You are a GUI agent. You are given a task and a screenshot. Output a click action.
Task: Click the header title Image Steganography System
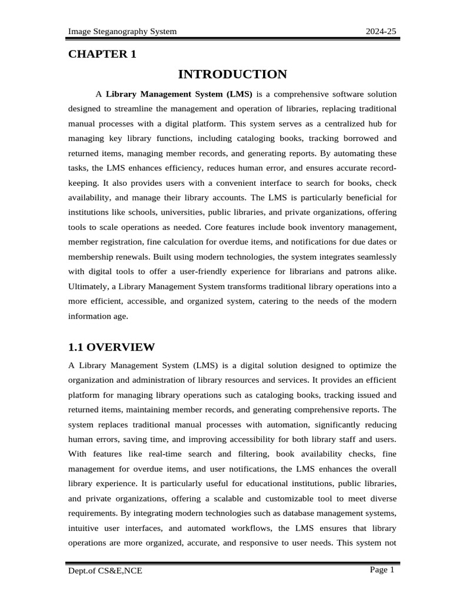point(122,31)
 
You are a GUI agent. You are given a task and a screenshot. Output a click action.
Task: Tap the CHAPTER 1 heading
point(102,54)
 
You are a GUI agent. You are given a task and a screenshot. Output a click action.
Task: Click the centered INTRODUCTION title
point(232,74)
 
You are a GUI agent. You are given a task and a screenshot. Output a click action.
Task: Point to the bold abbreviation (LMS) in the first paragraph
point(238,94)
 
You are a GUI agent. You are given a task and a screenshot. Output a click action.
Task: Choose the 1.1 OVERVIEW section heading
point(111,347)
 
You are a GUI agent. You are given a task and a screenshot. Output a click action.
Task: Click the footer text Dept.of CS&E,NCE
point(105,570)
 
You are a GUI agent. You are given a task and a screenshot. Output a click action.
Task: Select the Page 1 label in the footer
point(382,570)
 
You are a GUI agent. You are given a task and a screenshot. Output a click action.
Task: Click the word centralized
point(329,124)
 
